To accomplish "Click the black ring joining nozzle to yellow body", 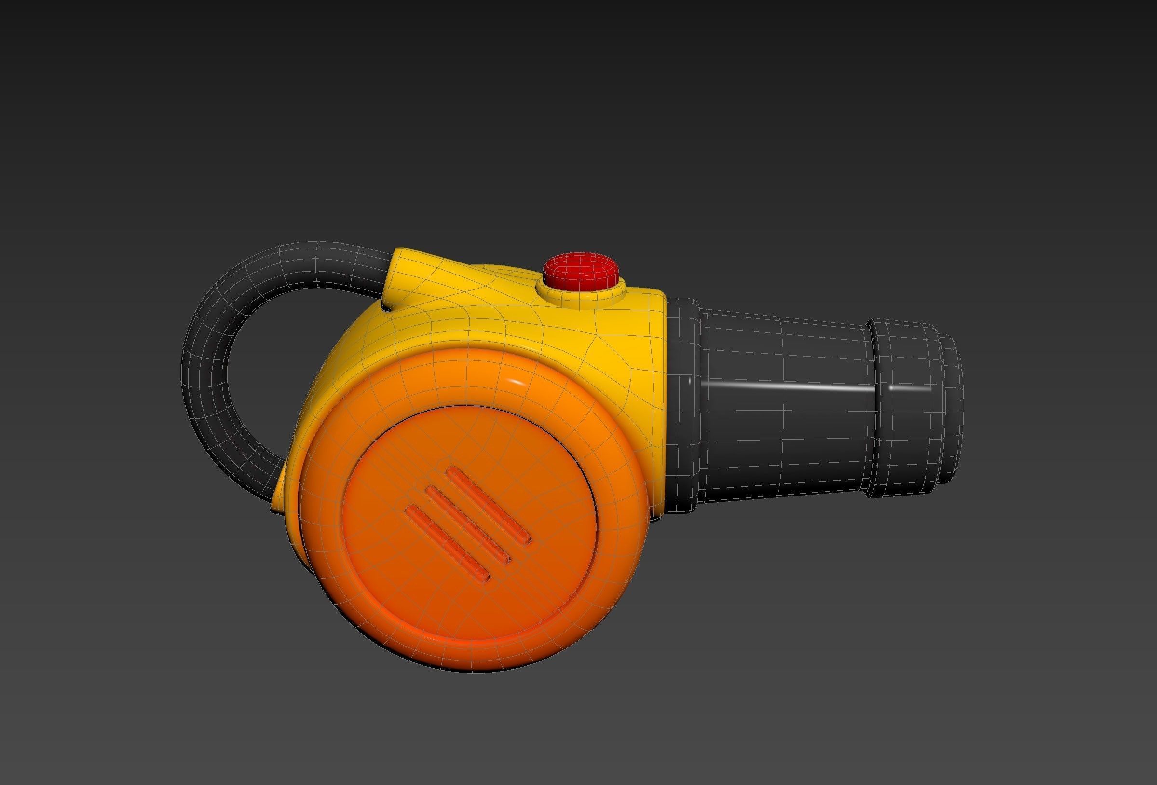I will [x=684, y=399].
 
